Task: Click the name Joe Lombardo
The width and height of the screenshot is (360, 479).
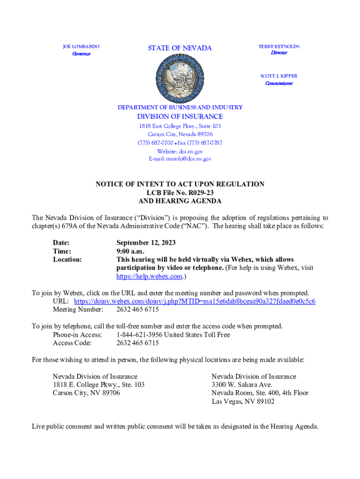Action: pyautogui.click(x=81, y=47)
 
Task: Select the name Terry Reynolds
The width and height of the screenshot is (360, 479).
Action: pyautogui.click(x=279, y=46)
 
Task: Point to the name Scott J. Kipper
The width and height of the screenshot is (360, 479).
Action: pyautogui.click(x=279, y=76)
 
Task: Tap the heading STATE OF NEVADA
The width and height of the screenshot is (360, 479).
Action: pyautogui.click(x=180, y=48)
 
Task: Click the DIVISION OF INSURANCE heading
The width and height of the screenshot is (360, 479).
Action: pyautogui.click(x=180, y=116)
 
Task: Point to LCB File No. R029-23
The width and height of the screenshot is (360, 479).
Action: pyautogui.click(x=180, y=193)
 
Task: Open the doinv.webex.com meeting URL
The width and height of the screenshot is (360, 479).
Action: pyautogui.click(x=194, y=301)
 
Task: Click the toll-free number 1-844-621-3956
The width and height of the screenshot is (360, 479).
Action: pyautogui.click(x=139, y=335)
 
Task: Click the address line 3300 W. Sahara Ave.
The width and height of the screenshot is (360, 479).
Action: pyautogui.click(x=242, y=385)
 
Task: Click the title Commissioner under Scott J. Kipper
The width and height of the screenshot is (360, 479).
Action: pyautogui.click(x=279, y=83)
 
